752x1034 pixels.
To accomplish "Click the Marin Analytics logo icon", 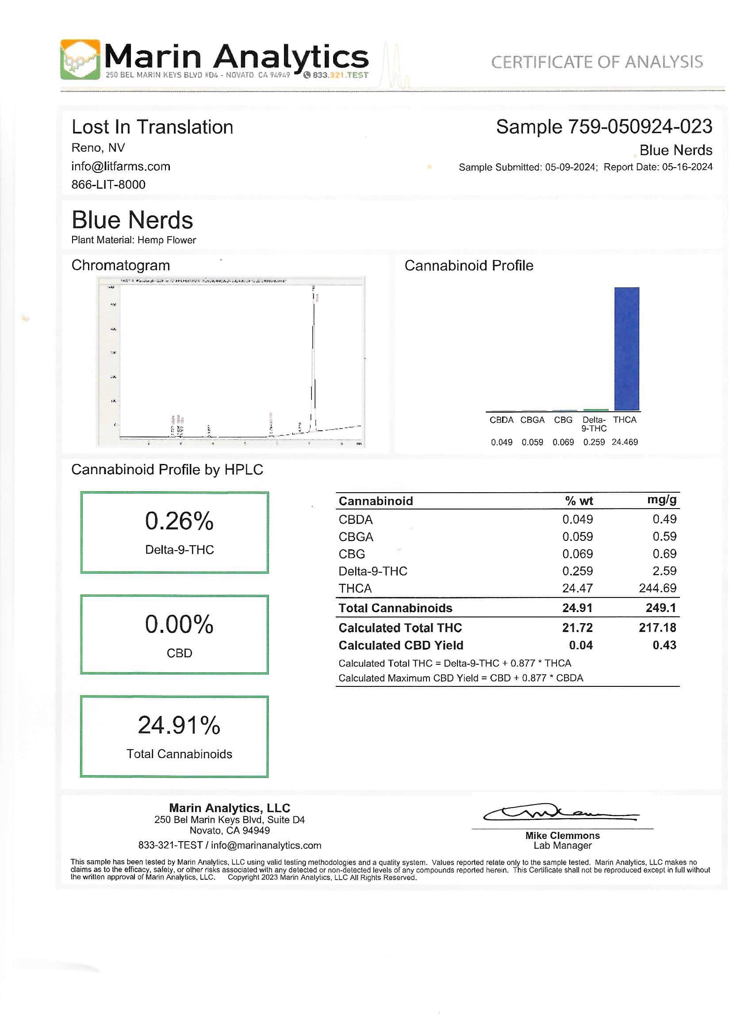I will pyautogui.click(x=80, y=59).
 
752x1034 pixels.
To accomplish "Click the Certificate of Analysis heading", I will pyautogui.click(x=596, y=62).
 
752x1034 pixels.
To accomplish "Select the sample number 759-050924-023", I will pyautogui.click(x=640, y=127).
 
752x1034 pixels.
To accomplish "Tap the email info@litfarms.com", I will pyautogui.click(x=120, y=166).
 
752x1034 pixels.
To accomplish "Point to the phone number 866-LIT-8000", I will pyautogui.click(x=108, y=185).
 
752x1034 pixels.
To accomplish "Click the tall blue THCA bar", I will pyautogui.click(x=626, y=349).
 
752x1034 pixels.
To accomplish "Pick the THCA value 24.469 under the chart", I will pyautogui.click(x=625, y=442).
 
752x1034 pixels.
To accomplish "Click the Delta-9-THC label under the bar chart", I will pyautogui.click(x=594, y=424).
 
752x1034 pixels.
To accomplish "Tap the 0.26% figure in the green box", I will pyautogui.click(x=179, y=521).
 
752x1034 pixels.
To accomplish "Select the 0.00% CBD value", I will pyautogui.click(x=179, y=624).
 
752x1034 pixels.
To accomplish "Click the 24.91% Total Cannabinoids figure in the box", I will pyautogui.click(x=179, y=725).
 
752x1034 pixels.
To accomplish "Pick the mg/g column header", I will pyautogui.click(x=662, y=500).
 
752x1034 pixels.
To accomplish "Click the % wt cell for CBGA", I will pyautogui.click(x=577, y=536).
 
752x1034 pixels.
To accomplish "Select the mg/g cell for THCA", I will pyautogui.click(x=658, y=588).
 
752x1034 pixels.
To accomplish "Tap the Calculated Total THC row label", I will pyautogui.click(x=400, y=628).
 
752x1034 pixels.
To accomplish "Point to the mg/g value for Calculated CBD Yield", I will pyautogui.click(x=664, y=645).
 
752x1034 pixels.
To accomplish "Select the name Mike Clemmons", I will pyautogui.click(x=562, y=836).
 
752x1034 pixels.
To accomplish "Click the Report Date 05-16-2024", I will pyautogui.click(x=687, y=167).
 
